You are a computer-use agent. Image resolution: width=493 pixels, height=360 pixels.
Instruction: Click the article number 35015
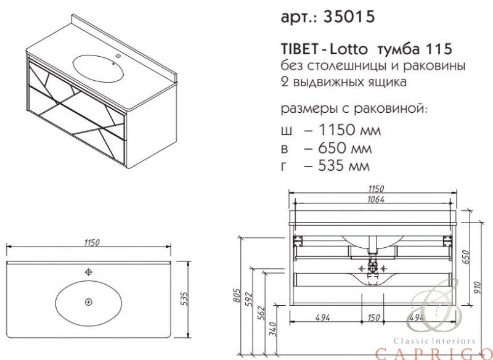(x=349, y=16)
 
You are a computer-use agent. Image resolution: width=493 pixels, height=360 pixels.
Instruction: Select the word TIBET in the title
(x=298, y=49)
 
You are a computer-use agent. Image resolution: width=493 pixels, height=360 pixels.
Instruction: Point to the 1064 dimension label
(x=375, y=199)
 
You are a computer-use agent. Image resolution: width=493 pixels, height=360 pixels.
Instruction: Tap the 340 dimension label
(x=274, y=329)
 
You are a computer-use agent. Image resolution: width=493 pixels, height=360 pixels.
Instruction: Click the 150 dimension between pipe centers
(x=373, y=317)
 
